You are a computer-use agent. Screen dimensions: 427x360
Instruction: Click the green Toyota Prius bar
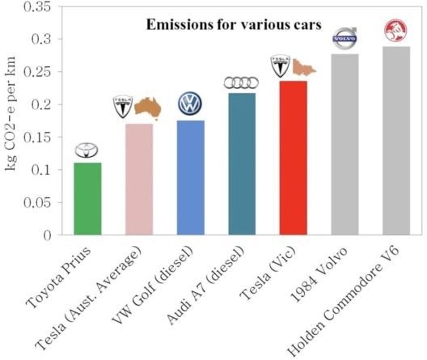coord(87,199)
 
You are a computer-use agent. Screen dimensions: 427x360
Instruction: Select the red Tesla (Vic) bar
coord(294,158)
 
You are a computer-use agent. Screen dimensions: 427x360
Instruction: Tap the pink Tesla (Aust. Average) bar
coord(139,179)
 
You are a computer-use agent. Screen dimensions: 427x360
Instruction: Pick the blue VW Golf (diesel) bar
coord(191,177)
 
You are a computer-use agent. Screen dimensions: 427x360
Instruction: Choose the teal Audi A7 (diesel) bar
coord(242,164)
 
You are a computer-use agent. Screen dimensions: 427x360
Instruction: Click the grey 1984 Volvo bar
coord(345,144)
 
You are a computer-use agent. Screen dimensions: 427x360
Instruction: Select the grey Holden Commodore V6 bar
coord(396,141)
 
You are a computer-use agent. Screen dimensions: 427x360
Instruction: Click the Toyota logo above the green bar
coord(87,150)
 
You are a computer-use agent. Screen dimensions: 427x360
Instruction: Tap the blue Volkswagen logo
coord(190,104)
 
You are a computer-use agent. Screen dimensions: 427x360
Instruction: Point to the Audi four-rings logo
coord(241,83)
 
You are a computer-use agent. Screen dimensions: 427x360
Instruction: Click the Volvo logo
coord(345,38)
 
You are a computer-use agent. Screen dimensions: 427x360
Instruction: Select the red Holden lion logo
coord(395,30)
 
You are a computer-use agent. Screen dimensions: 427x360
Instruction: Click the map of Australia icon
coord(148,108)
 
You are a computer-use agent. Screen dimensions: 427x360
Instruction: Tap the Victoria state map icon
coord(304,67)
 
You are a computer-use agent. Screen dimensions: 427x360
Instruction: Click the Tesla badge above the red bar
coord(280,66)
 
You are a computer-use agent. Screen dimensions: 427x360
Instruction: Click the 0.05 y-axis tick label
coord(37,203)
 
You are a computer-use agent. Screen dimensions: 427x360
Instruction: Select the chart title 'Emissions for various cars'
coord(234,24)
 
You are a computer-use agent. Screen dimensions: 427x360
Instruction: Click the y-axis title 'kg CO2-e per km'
coord(11,114)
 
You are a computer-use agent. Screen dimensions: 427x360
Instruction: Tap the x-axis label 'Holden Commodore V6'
coord(344,301)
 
